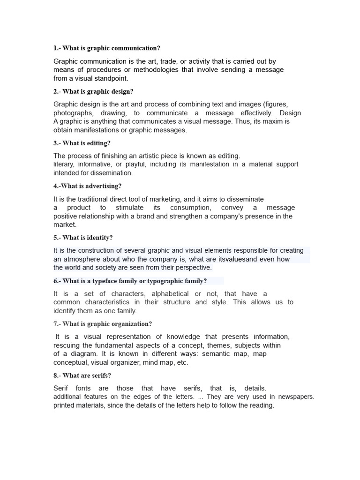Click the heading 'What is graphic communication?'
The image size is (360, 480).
pos(111,48)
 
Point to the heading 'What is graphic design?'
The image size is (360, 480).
pos(97,91)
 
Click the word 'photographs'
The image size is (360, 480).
pos(73,113)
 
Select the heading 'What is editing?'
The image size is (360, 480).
pos(86,143)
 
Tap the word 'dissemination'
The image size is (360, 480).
pos(111,173)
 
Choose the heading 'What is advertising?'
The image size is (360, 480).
pos(91,186)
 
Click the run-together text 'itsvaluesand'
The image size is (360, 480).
pos(239,259)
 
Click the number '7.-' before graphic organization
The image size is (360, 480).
pos(57,324)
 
